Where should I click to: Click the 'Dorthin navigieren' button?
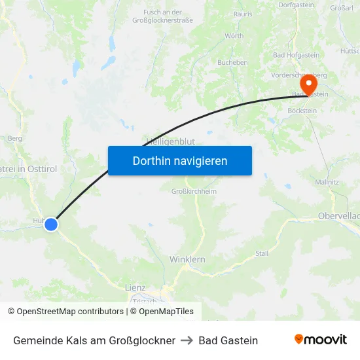click(180, 160)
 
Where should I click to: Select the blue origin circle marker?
click(51, 225)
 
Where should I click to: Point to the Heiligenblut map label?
click(170, 141)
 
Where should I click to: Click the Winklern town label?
click(187, 259)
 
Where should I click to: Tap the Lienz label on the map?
click(135, 287)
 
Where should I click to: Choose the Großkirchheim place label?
click(193, 191)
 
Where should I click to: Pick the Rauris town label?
click(243, 13)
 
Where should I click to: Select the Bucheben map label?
click(232, 63)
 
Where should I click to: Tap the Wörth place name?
click(234, 36)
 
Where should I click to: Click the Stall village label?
click(262, 253)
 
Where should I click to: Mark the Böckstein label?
click(302, 111)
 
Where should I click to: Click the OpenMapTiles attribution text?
click(164, 312)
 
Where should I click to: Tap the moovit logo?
click(321, 340)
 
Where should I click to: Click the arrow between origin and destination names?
click(187, 340)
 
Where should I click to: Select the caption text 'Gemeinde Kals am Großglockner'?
click(94, 340)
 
